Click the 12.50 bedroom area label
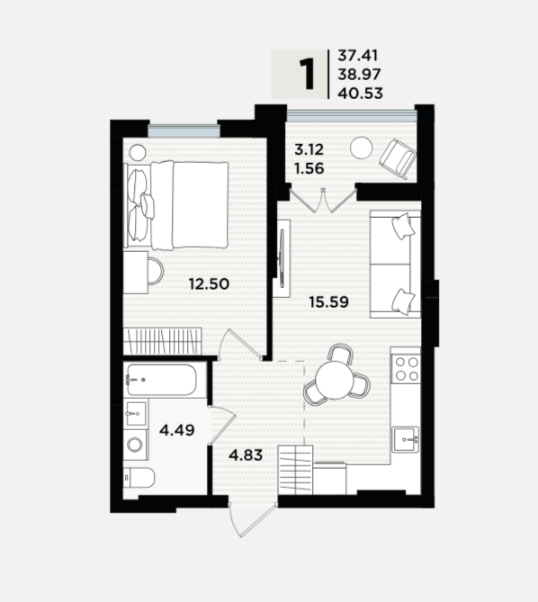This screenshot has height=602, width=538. coord(209,284)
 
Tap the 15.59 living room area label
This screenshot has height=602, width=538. coord(329,302)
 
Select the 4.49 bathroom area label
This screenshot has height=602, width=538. coord(177,430)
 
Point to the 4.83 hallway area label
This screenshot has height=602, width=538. coord(246,455)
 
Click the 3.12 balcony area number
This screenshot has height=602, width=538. coord(309,149)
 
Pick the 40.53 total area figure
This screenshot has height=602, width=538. coord(361,94)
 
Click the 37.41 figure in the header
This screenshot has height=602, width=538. coord(358,56)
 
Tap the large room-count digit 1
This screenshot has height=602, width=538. coord(307,75)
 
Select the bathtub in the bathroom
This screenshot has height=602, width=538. coord(162,380)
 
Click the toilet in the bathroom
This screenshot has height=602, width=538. coord(139,478)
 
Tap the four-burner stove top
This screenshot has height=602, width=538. coord(407,369)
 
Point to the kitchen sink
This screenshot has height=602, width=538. coord(406,440)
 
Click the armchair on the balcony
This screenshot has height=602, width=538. coord(398,158)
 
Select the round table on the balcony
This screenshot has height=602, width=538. coord(362,148)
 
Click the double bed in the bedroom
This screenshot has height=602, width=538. coord(176,205)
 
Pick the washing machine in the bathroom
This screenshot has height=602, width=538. coord(136,445)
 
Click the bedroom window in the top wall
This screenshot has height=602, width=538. coord(184,130)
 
